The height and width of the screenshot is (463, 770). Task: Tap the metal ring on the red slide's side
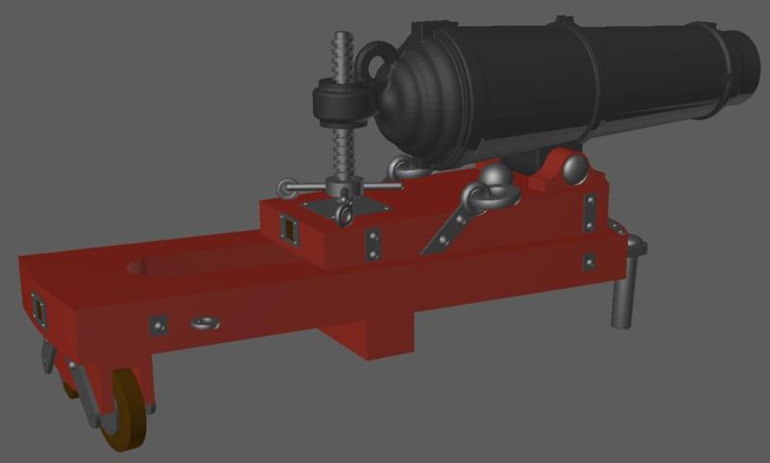204,323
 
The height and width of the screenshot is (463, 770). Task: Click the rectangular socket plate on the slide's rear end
39,310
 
